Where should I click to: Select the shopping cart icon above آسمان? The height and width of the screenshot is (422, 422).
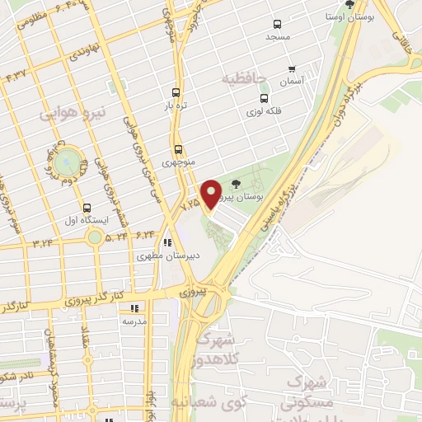(x=292, y=68)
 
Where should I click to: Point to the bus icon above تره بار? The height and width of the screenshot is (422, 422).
(x=176, y=93)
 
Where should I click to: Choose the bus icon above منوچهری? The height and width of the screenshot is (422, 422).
(x=179, y=149)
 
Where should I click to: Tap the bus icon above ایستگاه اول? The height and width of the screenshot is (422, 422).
(x=87, y=208)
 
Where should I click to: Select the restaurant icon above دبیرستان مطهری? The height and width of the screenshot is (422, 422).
(x=167, y=243)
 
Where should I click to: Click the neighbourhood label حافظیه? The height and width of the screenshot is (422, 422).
(x=245, y=78)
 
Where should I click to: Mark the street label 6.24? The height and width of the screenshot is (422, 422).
(x=146, y=235)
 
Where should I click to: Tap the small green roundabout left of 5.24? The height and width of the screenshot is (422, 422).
(x=96, y=237)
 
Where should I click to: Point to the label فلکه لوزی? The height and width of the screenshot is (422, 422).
(x=264, y=110)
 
